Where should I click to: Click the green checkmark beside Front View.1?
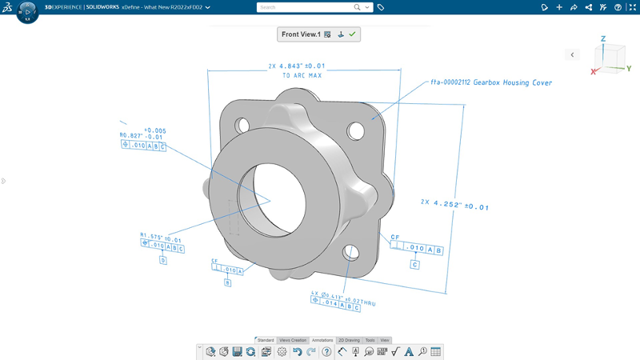coord(352,34)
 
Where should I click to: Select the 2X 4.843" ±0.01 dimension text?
coord(297,66)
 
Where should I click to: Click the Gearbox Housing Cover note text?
coord(491,82)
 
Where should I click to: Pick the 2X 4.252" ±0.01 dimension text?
coord(454,204)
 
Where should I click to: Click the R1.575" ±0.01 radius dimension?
coord(161,238)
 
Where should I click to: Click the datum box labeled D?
coord(163,261)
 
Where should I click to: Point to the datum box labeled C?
coord(414,265)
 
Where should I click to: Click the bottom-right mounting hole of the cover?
coord(350,253)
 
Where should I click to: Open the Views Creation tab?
coord(292,340)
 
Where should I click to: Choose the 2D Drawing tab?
coord(349,340)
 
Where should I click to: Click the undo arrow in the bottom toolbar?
coord(297,352)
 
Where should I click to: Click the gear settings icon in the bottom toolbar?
coord(282,352)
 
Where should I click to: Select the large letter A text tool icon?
coord(409,352)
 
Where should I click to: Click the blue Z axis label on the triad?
coord(603,38)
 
